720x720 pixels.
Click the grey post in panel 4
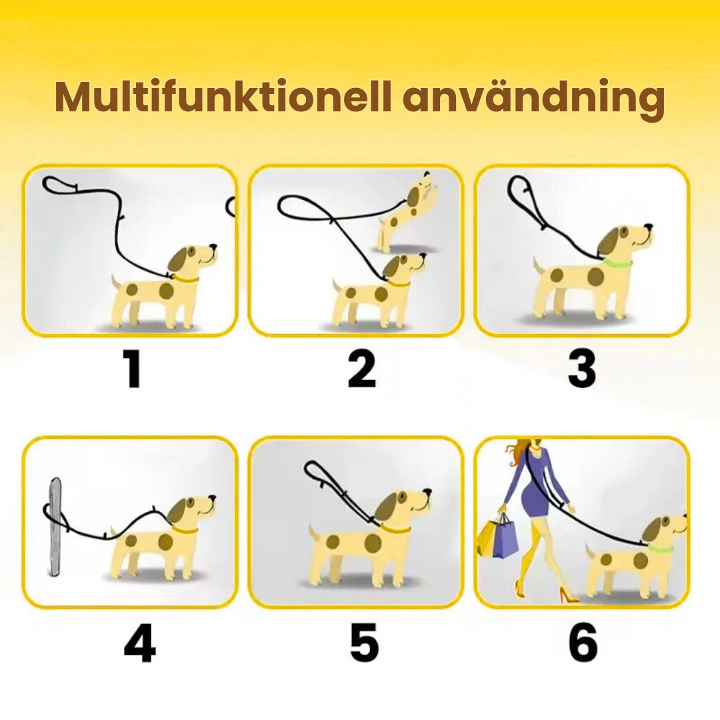[x=55, y=527]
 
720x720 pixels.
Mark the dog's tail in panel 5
[x=312, y=532]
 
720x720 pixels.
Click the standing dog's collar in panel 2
[x=400, y=284]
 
